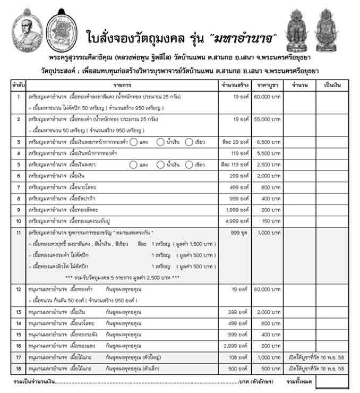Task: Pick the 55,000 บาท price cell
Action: click(268, 120)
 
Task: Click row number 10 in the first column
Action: click(19, 220)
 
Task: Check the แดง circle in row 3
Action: click(135, 142)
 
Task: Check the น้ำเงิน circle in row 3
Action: click(160, 142)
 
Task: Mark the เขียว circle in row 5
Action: click(190, 165)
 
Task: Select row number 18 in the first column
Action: click(19, 369)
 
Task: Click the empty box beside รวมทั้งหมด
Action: click(332, 381)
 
